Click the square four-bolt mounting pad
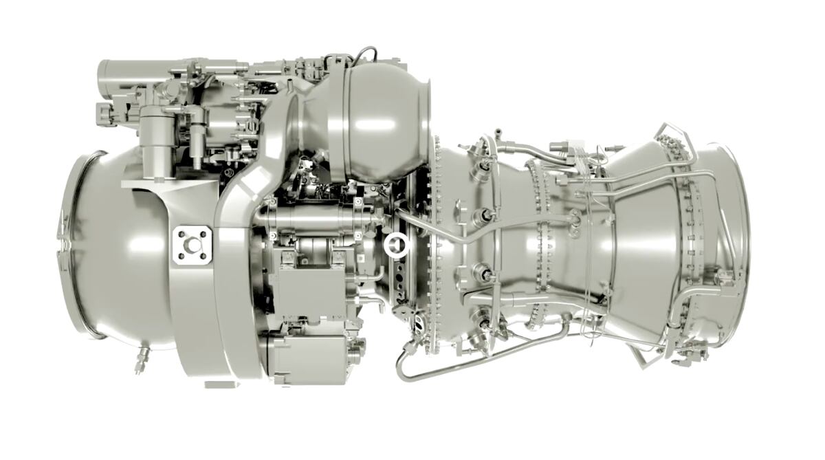point(192,245)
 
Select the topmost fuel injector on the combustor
point(486,165)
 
